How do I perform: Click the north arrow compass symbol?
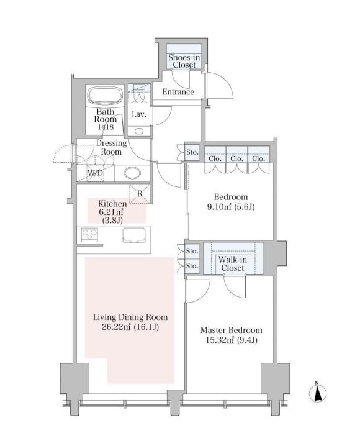(x=318, y=393)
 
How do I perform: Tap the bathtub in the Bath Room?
(x=106, y=96)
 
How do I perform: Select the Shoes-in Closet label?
(x=184, y=61)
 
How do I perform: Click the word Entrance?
(x=178, y=92)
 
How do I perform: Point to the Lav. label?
(x=139, y=114)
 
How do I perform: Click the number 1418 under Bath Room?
(x=106, y=127)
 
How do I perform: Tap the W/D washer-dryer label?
(x=96, y=173)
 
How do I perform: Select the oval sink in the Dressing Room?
(x=133, y=173)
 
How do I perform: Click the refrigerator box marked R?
(x=140, y=193)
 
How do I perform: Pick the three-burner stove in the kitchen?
(x=89, y=235)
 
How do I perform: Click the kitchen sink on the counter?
(x=133, y=235)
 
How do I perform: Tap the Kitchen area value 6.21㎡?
(x=111, y=212)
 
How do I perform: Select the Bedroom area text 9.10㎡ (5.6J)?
(x=231, y=208)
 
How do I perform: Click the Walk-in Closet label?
(x=233, y=263)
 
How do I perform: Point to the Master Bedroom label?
(x=232, y=330)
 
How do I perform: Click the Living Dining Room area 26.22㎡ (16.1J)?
(x=130, y=327)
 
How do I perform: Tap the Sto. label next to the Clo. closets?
(x=192, y=152)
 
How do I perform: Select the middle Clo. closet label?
(x=236, y=158)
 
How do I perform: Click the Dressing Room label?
(x=111, y=147)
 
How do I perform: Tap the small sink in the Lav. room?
(x=139, y=131)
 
